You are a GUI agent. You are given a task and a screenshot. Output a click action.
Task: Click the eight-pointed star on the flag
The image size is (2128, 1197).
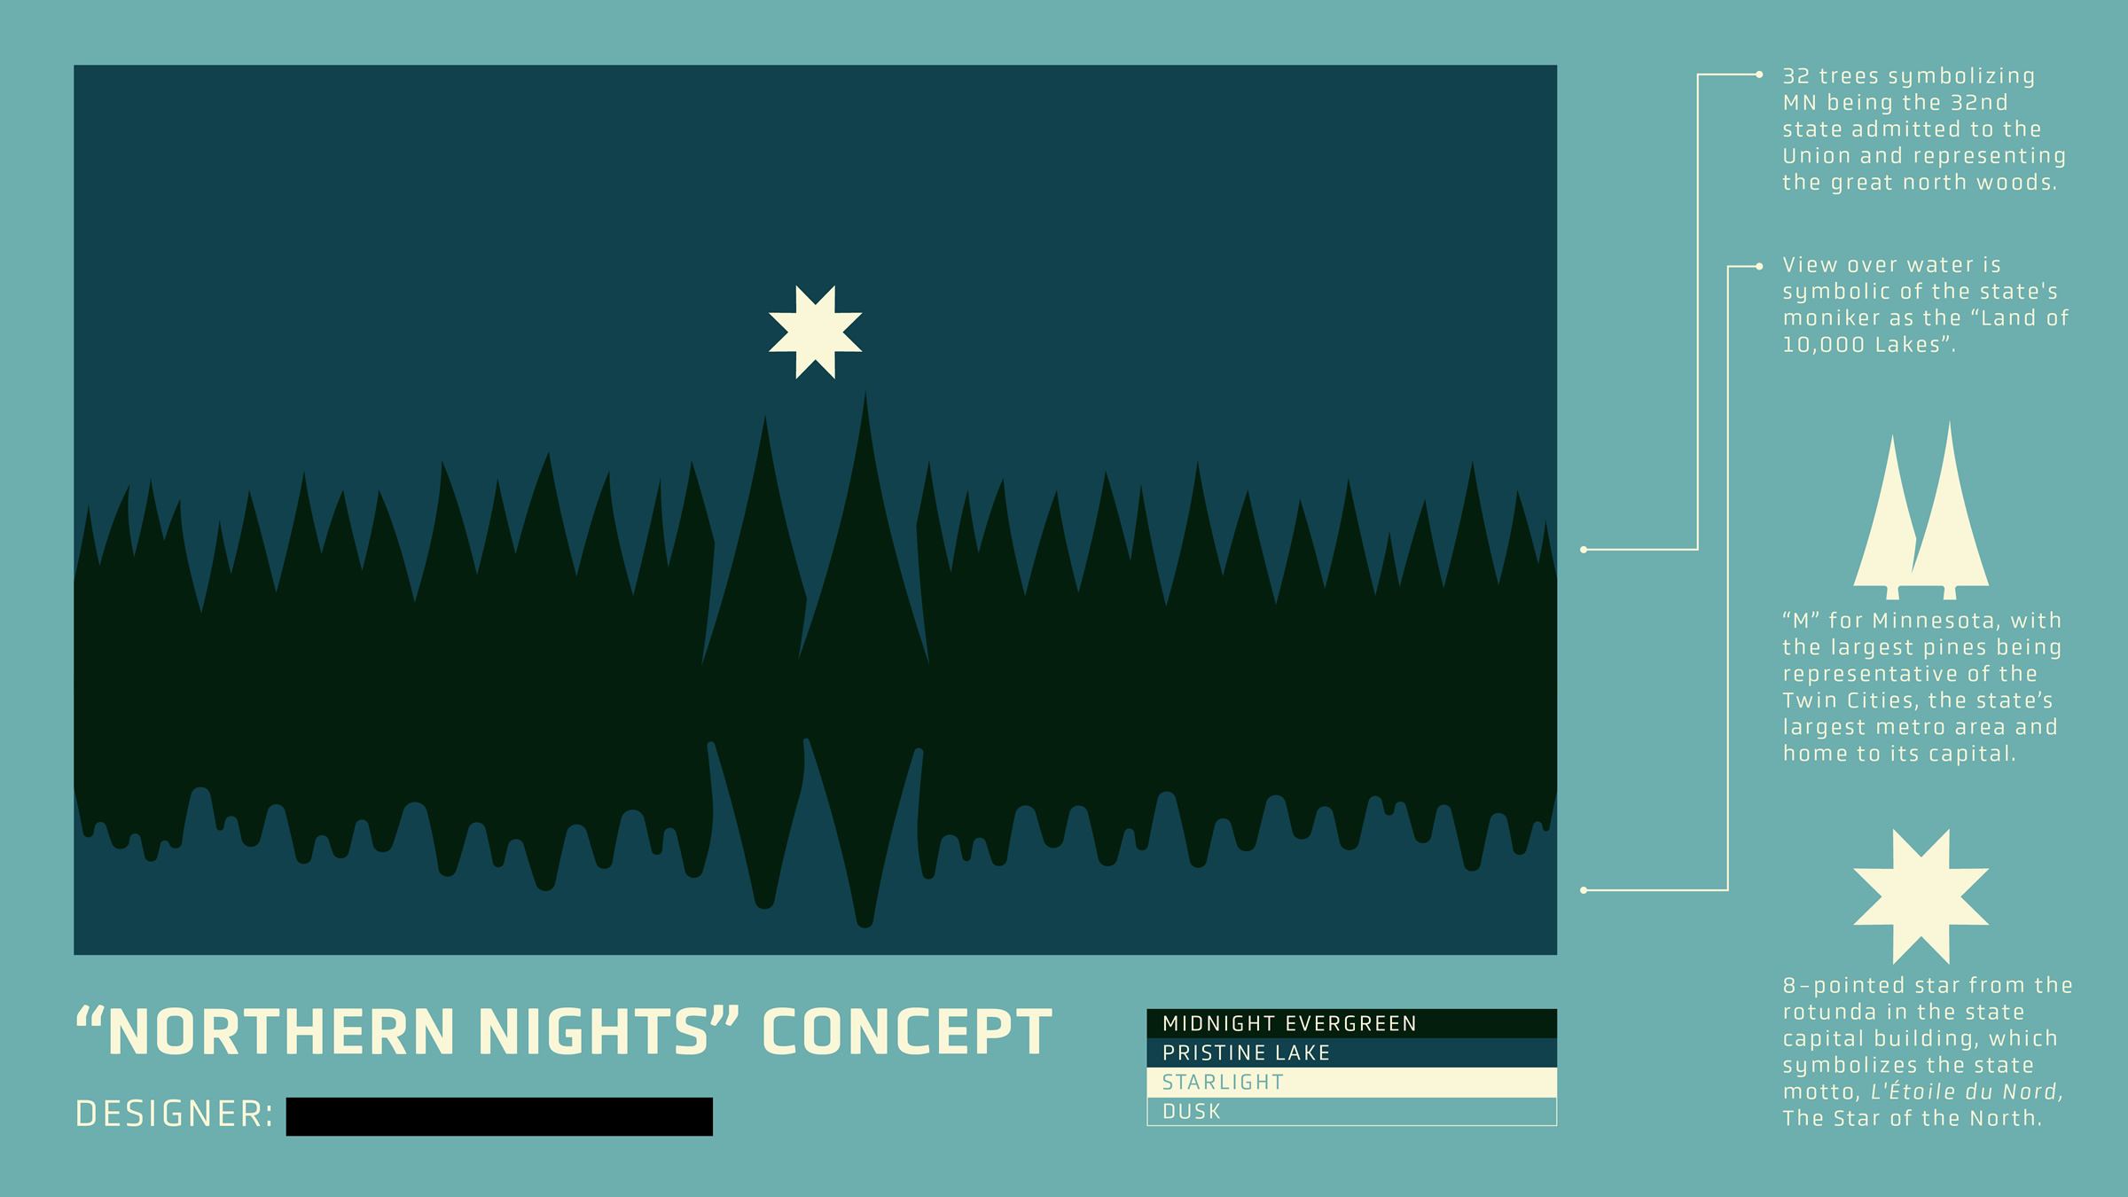(x=815, y=332)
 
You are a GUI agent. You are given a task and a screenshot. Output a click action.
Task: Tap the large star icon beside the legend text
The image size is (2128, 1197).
(x=1921, y=896)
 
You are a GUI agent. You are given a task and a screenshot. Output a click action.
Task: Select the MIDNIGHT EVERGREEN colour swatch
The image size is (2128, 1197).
(x=1351, y=1023)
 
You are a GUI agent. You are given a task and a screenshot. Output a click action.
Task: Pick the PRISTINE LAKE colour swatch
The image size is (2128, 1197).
(x=1351, y=1052)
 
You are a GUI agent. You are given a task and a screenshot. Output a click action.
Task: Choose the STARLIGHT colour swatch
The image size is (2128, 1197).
(x=1351, y=1082)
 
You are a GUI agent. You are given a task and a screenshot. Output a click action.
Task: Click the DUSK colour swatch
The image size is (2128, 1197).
(x=1351, y=1111)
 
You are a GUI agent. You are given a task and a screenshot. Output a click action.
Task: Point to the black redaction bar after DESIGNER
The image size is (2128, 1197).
(x=499, y=1116)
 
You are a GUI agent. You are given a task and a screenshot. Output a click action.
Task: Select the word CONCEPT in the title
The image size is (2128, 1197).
(x=906, y=1032)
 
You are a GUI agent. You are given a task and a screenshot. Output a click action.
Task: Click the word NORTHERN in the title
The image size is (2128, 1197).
(x=281, y=1032)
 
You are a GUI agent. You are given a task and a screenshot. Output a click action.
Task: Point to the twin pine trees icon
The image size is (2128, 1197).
(x=1921, y=511)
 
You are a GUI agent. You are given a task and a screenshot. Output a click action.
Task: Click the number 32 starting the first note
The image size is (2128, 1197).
(x=1795, y=76)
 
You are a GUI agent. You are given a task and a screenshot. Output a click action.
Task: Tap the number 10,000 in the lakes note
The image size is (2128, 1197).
(x=1823, y=345)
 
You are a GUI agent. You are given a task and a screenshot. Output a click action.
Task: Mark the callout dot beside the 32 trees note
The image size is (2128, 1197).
(x=1759, y=74)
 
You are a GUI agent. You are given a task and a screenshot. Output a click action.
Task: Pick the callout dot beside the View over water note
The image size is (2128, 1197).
(x=1759, y=266)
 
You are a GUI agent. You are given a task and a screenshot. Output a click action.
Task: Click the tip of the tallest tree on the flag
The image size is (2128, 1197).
(x=865, y=391)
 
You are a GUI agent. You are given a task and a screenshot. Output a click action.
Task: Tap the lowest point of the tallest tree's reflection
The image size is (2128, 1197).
(x=864, y=927)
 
